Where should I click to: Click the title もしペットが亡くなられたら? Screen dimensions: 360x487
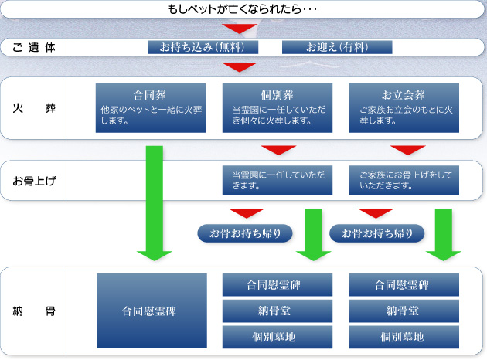pos(243,10)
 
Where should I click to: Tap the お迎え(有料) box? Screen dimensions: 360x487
pos(337,47)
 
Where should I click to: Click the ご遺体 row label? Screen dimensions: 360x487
pos(34,47)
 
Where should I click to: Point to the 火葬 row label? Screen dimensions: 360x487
pos(34,107)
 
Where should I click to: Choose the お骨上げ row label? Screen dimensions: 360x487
pos(34,182)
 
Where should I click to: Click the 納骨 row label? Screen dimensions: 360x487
pos(34,312)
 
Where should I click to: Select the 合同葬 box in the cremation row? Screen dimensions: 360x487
pos(151,107)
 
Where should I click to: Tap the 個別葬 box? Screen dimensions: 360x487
pos(277,107)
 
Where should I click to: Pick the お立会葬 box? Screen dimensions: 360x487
pos(404,107)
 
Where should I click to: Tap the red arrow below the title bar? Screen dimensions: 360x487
pos(243,29)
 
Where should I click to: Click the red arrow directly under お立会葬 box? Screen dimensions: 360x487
pos(407,149)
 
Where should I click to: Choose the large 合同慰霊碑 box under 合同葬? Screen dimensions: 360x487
pos(151,312)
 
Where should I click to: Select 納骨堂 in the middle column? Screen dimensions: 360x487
pos(278,311)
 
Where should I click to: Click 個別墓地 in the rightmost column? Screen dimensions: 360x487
pos(404,337)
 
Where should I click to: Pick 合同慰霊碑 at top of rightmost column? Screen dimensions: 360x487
pos(404,285)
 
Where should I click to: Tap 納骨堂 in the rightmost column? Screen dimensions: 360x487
pos(404,311)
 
